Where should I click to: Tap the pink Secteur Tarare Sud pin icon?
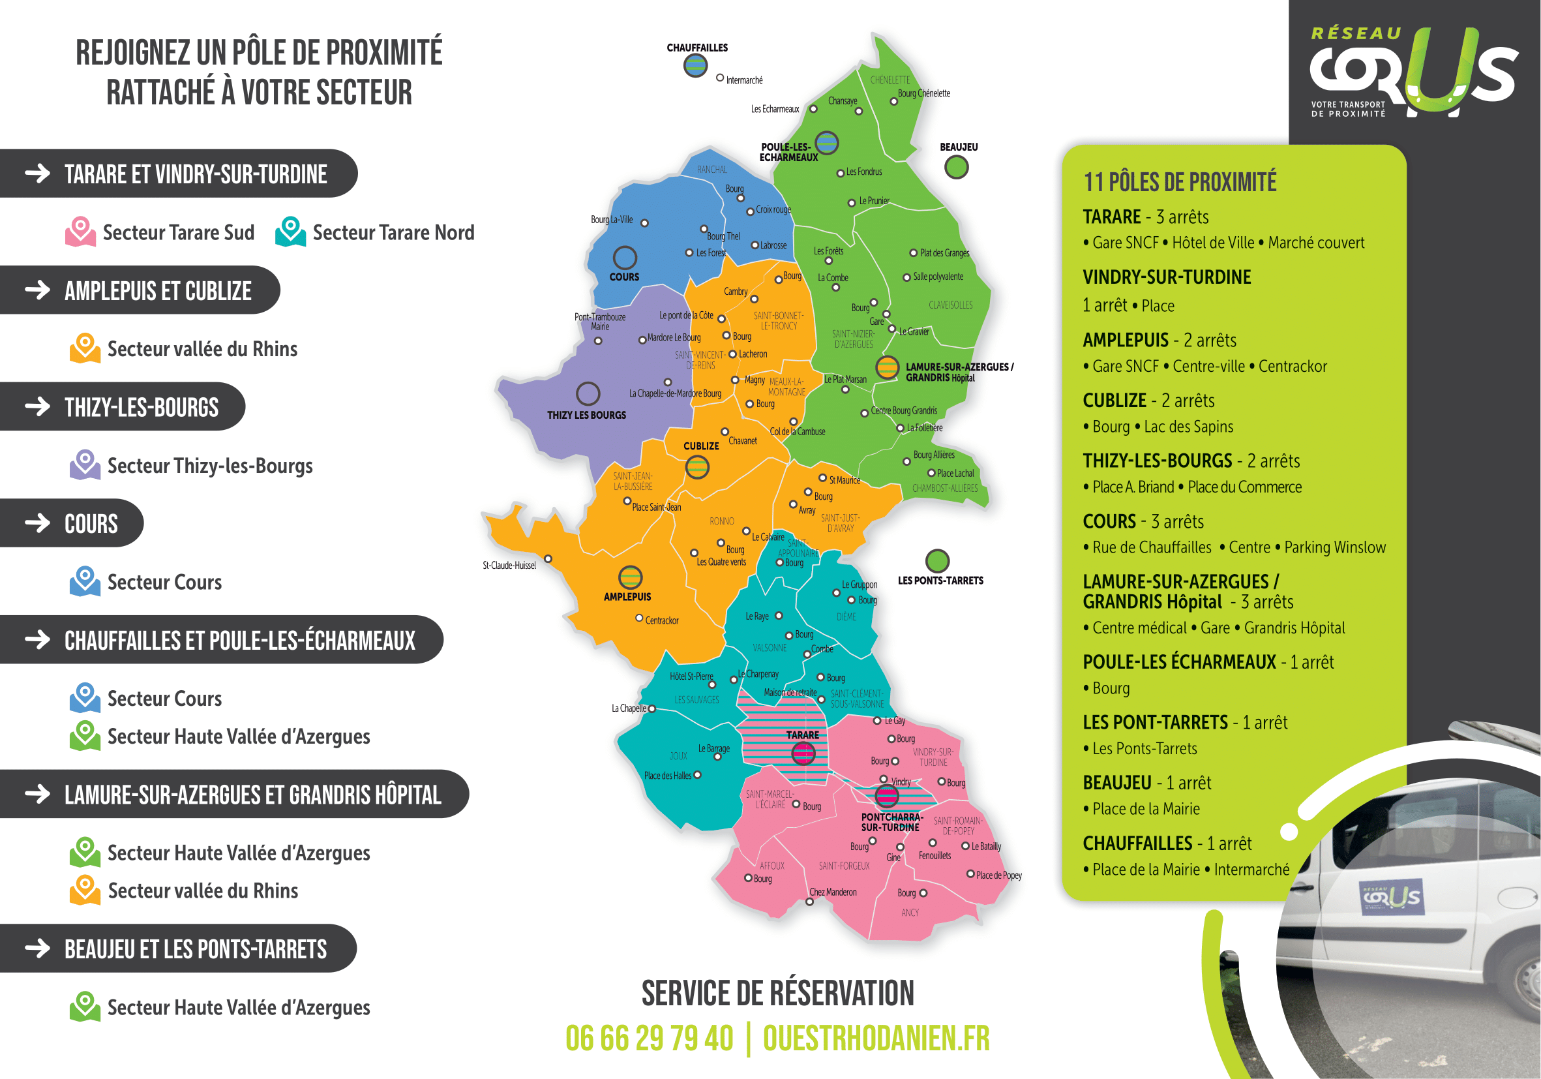pos(80,231)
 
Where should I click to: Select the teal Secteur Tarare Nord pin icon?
pos(291,231)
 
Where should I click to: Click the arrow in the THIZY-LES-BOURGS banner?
pos(38,406)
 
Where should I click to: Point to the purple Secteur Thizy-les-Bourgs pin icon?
pos(85,464)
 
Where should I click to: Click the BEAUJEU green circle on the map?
pos(956,167)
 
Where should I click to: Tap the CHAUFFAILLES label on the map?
pos(696,48)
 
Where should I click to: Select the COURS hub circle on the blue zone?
pos(624,258)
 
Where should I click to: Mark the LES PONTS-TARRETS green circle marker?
pos(937,560)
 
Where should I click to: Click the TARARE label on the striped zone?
pos(802,735)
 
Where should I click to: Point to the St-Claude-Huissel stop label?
pos(509,566)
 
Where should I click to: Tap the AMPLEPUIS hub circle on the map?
pos(629,577)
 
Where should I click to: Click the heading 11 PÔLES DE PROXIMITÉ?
pos(1179,182)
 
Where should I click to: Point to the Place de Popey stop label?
pos(998,875)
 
